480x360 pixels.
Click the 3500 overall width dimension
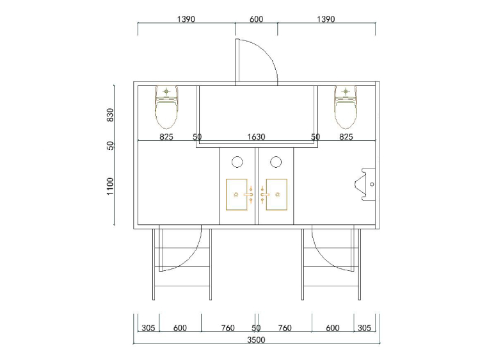point(256,340)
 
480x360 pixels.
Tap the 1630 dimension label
point(256,136)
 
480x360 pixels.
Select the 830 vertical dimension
point(110,115)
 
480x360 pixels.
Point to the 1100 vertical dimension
point(110,186)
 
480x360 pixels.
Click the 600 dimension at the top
point(256,19)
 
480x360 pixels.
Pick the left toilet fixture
point(166,107)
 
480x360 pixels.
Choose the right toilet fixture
point(346,107)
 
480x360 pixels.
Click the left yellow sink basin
point(237,195)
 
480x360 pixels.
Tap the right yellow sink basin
point(276,195)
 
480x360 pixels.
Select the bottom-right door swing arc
point(324,258)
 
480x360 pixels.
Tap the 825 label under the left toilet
point(166,136)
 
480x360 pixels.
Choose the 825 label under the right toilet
point(346,136)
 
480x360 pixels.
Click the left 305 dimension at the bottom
point(148,328)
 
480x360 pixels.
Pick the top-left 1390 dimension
point(186,19)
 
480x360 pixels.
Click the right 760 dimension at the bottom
point(285,328)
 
